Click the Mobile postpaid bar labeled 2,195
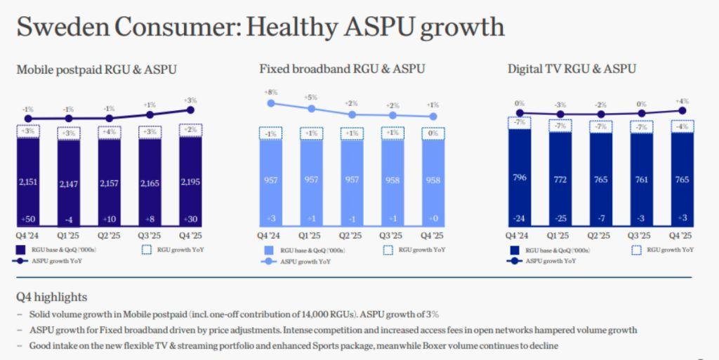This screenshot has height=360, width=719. tap(191, 182)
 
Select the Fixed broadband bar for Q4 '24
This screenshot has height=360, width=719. tap(271, 183)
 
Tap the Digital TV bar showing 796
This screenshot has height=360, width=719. tap(520, 178)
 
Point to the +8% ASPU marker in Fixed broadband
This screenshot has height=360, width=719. tap(271, 104)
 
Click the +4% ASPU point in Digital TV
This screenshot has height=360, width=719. tap(682, 110)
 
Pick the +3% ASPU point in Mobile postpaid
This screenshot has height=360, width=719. tap(191, 110)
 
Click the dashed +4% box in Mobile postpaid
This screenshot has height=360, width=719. tap(109, 133)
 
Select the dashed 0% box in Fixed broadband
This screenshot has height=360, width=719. tap(433, 134)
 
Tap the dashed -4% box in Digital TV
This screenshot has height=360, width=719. tap(682, 126)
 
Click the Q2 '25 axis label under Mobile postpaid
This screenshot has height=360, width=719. tap(109, 236)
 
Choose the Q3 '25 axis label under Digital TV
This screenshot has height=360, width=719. tap(641, 236)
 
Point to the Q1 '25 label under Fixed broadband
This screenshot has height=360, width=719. tap(311, 236)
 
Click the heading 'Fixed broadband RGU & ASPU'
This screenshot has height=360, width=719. tap(342, 69)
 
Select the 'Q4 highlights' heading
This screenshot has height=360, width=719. tap(51, 298)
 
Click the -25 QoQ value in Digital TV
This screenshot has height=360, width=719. tap(560, 218)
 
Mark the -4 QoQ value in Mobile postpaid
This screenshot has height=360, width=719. tap(68, 220)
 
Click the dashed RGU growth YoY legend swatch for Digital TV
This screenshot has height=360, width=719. tap(636, 250)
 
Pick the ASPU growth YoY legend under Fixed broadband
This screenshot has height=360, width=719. tap(296, 262)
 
